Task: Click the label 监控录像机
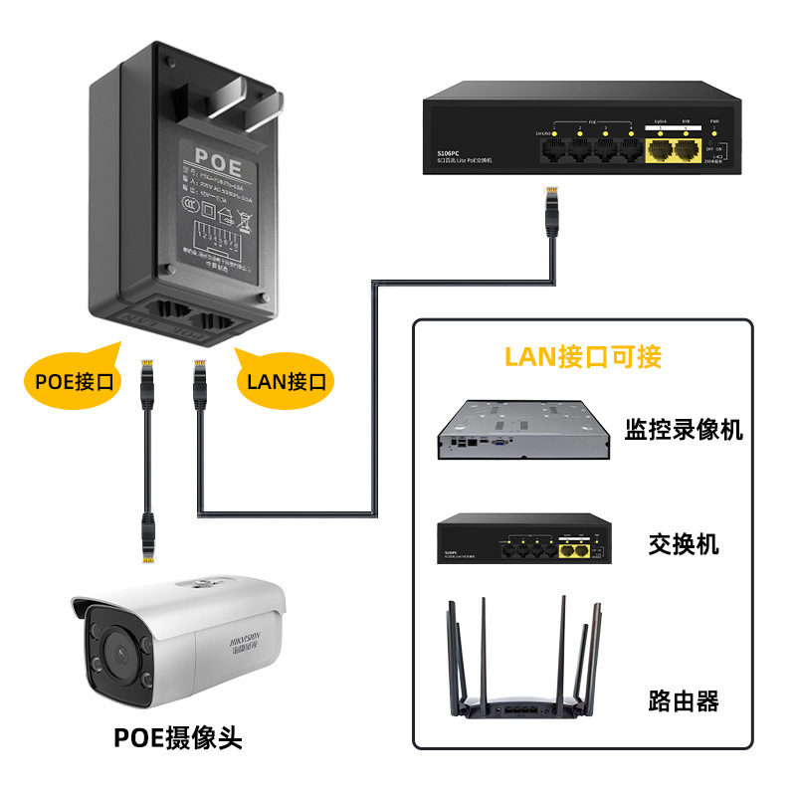tap(684, 430)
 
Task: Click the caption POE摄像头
tap(177, 737)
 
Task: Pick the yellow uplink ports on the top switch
tap(673, 149)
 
